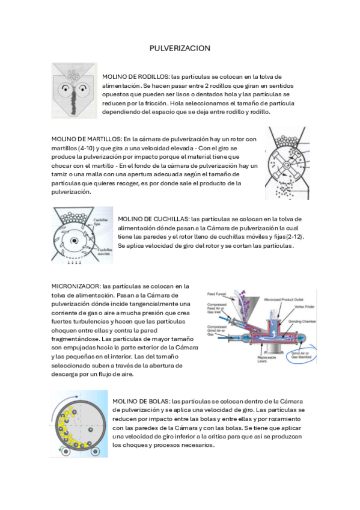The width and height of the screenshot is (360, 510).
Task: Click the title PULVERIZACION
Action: [180, 48]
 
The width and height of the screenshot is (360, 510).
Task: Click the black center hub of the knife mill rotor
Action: [74, 241]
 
